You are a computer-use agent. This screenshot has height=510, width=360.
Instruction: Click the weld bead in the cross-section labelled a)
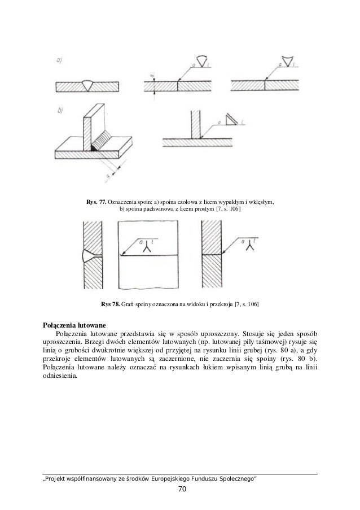point(89,85)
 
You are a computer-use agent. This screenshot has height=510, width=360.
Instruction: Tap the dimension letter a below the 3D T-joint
point(107,177)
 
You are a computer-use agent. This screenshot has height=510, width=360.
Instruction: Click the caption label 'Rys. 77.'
point(96,202)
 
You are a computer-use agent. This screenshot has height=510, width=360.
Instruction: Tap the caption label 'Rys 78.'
point(111,305)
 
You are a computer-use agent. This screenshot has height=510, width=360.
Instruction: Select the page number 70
point(180,489)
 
